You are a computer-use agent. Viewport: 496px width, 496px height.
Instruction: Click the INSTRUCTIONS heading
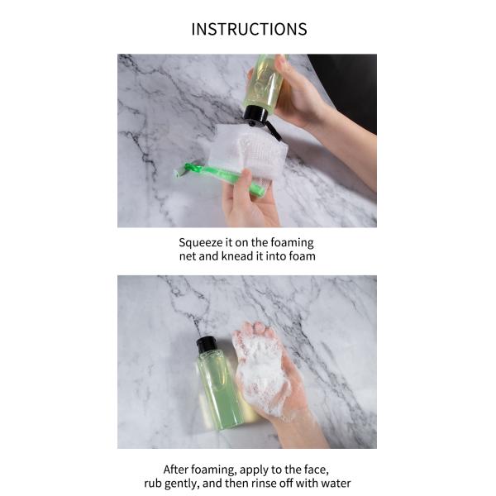(249, 29)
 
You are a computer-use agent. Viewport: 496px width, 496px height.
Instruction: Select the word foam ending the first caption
(302, 256)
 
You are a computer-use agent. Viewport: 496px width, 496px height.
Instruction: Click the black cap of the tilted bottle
(257, 115)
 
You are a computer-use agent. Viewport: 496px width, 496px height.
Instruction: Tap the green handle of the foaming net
(221, 177)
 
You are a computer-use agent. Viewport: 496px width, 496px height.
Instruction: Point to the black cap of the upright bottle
(205, 345)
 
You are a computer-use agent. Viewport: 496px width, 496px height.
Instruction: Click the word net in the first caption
(188, 256)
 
